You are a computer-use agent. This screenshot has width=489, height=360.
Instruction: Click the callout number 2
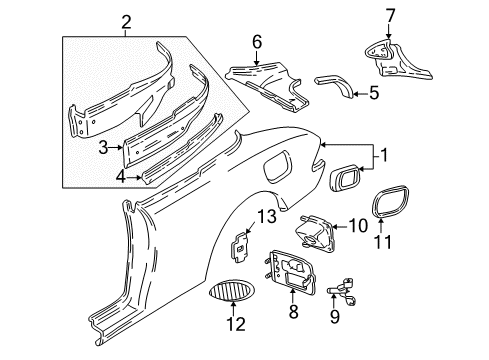pyautogui.click(x=126, y=23)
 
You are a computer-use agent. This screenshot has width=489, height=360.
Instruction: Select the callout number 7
pyautogui.click(x=390, y=16)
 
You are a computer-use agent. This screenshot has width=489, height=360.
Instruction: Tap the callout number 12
pyautogui.click(x=236, y=324)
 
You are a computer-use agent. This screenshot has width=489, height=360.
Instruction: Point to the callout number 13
pyautogui.click(x=267, y=217)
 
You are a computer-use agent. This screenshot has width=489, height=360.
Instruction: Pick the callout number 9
pyautogui.click(x=334, y=316)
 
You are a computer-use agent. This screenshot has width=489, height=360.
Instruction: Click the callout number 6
pyautogui.click(x=257, y=42)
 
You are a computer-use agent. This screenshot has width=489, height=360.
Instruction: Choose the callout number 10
pyautogui.click(x=358, y=226)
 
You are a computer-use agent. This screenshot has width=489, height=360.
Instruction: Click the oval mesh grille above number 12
pyautogui.click(x=232, y=291)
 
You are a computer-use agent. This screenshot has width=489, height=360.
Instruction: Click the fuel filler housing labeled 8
pyautogui.click(x=291, y=272)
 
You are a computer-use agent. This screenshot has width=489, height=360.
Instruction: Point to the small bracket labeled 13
pyautogui.click(x=240, y=247)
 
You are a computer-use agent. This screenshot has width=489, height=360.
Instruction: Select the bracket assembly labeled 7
pyautogui.click(x=396, y=61)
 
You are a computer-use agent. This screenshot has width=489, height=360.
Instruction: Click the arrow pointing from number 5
pyautogui.click(x=360, y=94)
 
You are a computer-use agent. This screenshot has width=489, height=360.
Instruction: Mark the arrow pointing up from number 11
pyautogui.click(x=381, y=225)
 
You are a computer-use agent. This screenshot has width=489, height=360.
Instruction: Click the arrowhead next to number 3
pyautogui.click(x=122, y=147)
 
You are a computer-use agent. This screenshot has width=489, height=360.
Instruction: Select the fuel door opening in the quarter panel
pyautogui.click(x=277, y=166)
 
